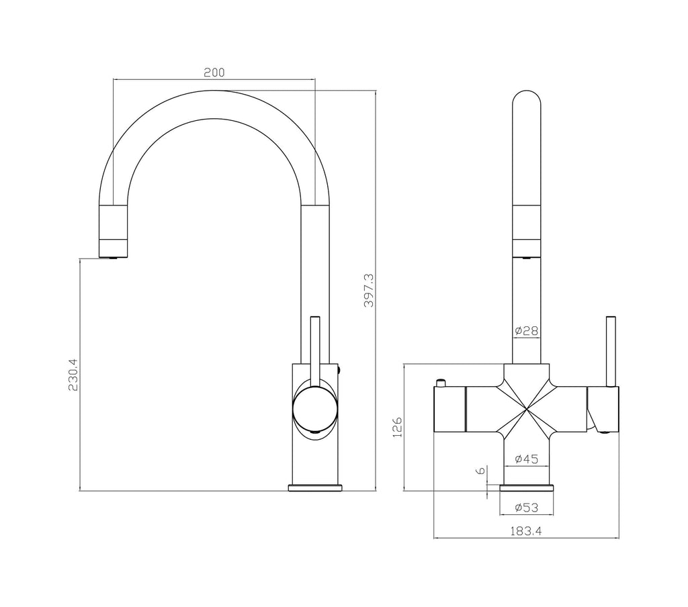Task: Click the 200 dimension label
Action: (x=214, y=72)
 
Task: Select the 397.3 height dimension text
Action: (x=368, y=290)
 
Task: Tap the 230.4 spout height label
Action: (x=74, y=374)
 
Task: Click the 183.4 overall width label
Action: (x=526, y=530)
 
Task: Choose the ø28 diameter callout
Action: (x=526, y=331)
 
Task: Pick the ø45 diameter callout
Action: (x=526, y=459)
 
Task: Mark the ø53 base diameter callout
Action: (x=526, y=507)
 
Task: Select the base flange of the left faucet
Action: (x=315, y=487)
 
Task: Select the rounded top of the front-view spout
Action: (x=526, y=101)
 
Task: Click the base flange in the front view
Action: (x=526, y=487)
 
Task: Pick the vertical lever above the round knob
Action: (x=313, y=346)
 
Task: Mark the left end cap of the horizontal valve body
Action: (x=449, y=409)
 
